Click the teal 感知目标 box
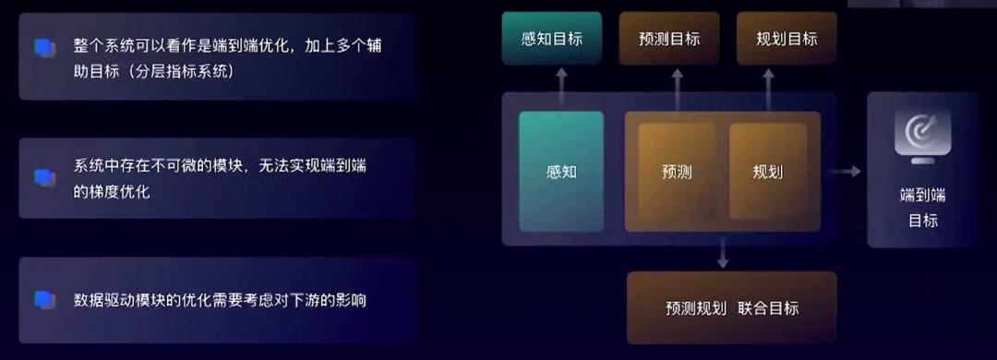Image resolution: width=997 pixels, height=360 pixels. pos(551,39)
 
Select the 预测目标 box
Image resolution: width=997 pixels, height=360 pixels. pos(668,39)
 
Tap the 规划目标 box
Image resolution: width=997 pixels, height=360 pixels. pos(787,39)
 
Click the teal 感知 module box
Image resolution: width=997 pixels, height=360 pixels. pos(561,172)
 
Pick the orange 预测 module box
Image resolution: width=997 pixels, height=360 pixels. pos(677,172)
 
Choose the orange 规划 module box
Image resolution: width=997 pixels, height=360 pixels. pos(768,172)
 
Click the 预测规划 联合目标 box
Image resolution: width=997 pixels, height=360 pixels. pos(731,308)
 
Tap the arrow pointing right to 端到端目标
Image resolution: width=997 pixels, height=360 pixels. pos(847,171)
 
